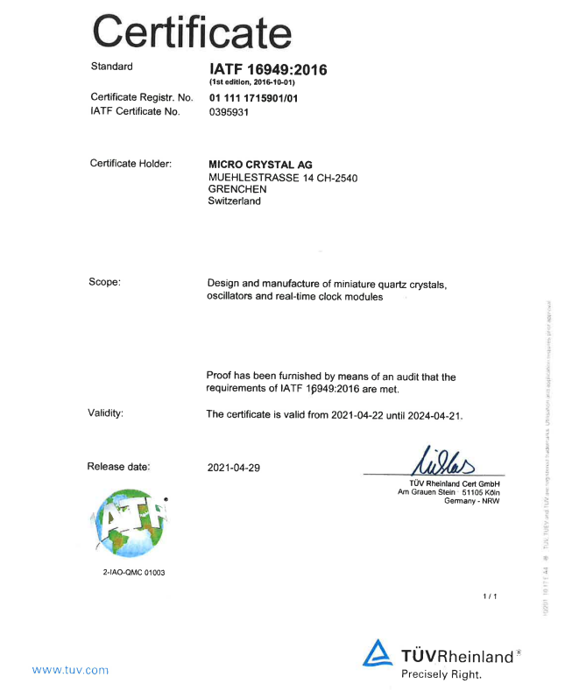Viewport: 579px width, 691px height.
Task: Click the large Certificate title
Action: (x=192, y=32)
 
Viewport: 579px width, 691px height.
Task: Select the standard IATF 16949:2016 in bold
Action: (x=267, y=69)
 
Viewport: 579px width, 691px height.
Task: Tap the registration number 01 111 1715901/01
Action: (x=253, y=98)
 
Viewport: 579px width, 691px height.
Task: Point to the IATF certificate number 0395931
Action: (x=229, y=112)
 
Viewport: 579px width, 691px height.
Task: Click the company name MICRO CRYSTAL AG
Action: (x=260, y=165)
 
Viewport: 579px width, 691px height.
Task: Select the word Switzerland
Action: (x=234, y=201)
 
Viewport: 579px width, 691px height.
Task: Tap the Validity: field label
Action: (x=105, y=413)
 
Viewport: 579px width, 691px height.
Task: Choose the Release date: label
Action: (x=118, y=467)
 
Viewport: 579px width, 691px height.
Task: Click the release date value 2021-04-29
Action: (x=234, y=468)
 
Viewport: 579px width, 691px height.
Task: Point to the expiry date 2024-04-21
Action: (x=433, y=415)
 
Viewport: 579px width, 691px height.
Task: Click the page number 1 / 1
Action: (x=490, y=597)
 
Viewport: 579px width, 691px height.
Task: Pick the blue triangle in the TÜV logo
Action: (x=378, y=652)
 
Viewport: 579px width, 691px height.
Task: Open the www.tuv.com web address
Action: (x=70, y=670)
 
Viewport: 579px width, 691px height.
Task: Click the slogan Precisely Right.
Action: (x=441, y=674)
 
